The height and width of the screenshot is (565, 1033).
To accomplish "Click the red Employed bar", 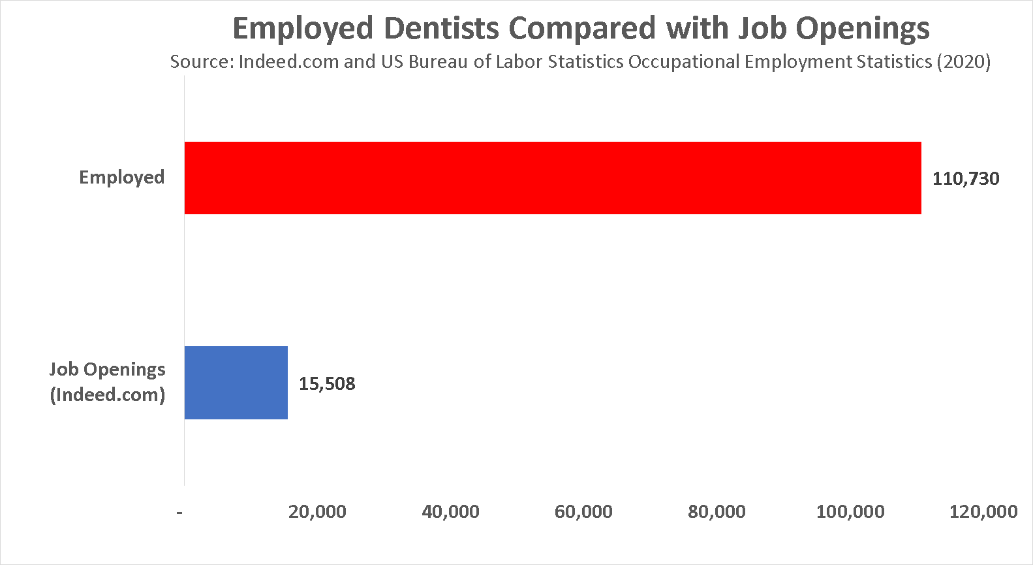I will pyautogui.click(x=553, y=178).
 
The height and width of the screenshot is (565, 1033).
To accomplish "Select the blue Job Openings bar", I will pyautogui.click(x=236, y=383).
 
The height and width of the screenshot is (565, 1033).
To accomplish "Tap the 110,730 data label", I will pyautogui.click(x=965, y=179).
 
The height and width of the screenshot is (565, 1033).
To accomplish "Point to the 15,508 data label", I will pyautogui.click(x=327, y=383).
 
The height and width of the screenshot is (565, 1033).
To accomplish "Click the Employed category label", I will pyautogui.click(x=121, y=178).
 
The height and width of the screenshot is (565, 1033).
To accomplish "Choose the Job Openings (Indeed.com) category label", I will pyautogui.click(x=108, y=382).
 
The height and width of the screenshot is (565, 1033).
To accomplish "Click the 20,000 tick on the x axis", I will pyautogui.click(x=317, y=511).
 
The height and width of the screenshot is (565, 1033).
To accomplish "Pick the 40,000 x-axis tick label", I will pyautogui.click(x=450, y=511).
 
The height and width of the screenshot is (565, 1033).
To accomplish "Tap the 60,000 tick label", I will pyautogui.click(x=583, y=511).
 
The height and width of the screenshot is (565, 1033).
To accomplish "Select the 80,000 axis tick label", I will pyautogui.click(x=717, y=511).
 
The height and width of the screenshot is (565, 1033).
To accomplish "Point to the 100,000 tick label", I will pyautogui.click(x=850, y=511).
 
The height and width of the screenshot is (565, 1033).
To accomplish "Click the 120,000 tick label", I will pyautogui.click(x=983, y=511).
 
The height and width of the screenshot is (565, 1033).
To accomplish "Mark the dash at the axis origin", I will pyautogui.click(x=179, y=512).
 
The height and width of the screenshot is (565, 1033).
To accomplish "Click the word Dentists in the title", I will pyautogui.click(x=442, y=28).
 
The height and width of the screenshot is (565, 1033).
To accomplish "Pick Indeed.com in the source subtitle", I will pyautogui.click(x=289, y=62).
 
